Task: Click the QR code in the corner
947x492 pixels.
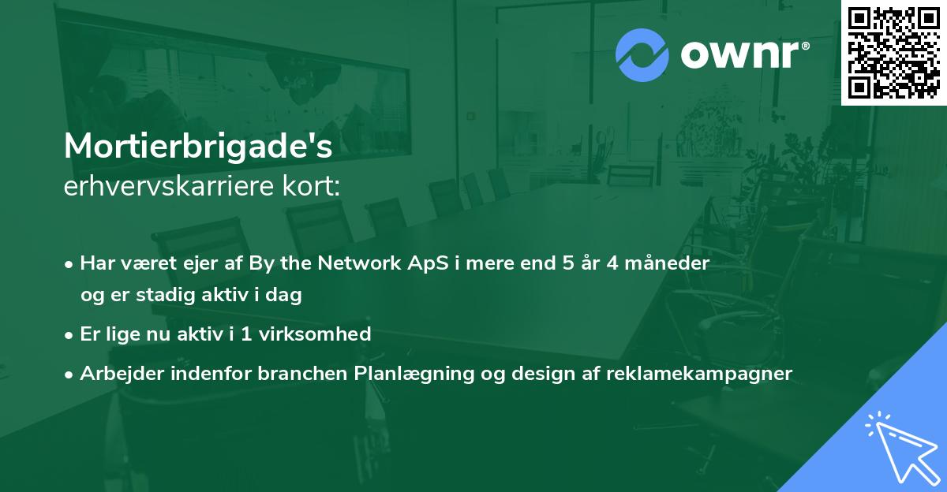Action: click(x=893, y=53)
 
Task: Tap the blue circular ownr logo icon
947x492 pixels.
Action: click(x=642, y=55)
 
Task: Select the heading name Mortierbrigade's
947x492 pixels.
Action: click(x=198, y=147)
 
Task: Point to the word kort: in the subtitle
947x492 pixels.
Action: click(x=311, y=186)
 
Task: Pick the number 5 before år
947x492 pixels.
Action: click(x=567, y=263)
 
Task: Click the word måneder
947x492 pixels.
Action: click(x=667, y=263)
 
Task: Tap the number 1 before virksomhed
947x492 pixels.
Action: click(x=246, y=334)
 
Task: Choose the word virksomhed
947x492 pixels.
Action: click(x=315, y=334)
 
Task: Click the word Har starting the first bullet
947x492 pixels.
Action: click(x=98, y=263)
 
